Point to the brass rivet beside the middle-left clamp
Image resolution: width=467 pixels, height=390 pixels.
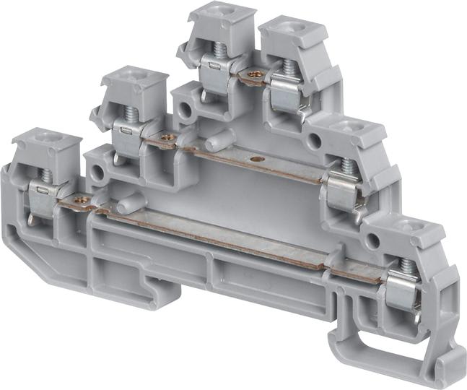pos(167,137)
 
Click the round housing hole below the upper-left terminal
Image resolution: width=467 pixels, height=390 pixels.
pos(186,109)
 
